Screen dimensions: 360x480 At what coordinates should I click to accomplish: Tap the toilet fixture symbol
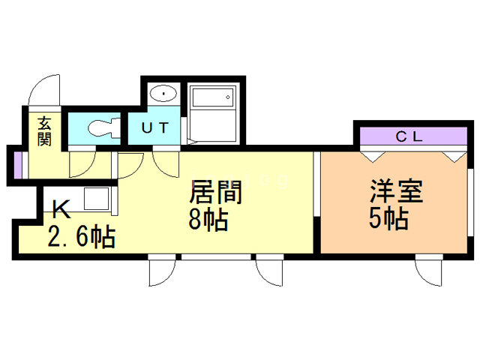(100, 128)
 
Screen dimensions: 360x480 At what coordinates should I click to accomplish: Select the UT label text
(154, 128)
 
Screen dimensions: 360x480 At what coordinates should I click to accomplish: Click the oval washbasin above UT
(162, 94)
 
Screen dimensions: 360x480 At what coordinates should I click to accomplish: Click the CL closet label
(409, 136)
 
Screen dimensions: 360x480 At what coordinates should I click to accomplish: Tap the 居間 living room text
(215, 193)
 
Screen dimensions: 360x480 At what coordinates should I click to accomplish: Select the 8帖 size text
(208, 220)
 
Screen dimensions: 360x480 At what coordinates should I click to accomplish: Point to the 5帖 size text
(388, 219)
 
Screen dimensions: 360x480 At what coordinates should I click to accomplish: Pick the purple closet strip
(409, 137)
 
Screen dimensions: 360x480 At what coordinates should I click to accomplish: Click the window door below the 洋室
(430, 271)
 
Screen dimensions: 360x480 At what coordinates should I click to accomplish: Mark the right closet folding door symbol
(452, 155)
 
